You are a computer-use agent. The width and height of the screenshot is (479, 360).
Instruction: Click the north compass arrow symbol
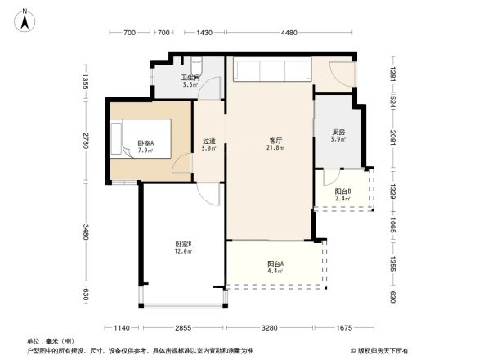25,20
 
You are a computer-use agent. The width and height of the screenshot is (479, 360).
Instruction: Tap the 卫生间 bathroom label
190,78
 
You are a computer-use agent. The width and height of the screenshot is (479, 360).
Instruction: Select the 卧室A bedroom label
146,142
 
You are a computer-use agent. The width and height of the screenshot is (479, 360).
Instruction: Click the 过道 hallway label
208,141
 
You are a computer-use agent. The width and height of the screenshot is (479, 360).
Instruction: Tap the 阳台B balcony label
342,191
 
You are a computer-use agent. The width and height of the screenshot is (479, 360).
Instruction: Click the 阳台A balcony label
275,263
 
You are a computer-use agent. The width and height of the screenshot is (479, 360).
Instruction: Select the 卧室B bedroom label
183,244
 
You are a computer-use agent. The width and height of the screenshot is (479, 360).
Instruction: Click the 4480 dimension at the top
289,33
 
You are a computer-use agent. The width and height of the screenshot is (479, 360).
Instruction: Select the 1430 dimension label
204,33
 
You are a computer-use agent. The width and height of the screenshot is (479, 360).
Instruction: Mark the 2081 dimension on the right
392,134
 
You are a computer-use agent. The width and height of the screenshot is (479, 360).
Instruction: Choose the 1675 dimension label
344,327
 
